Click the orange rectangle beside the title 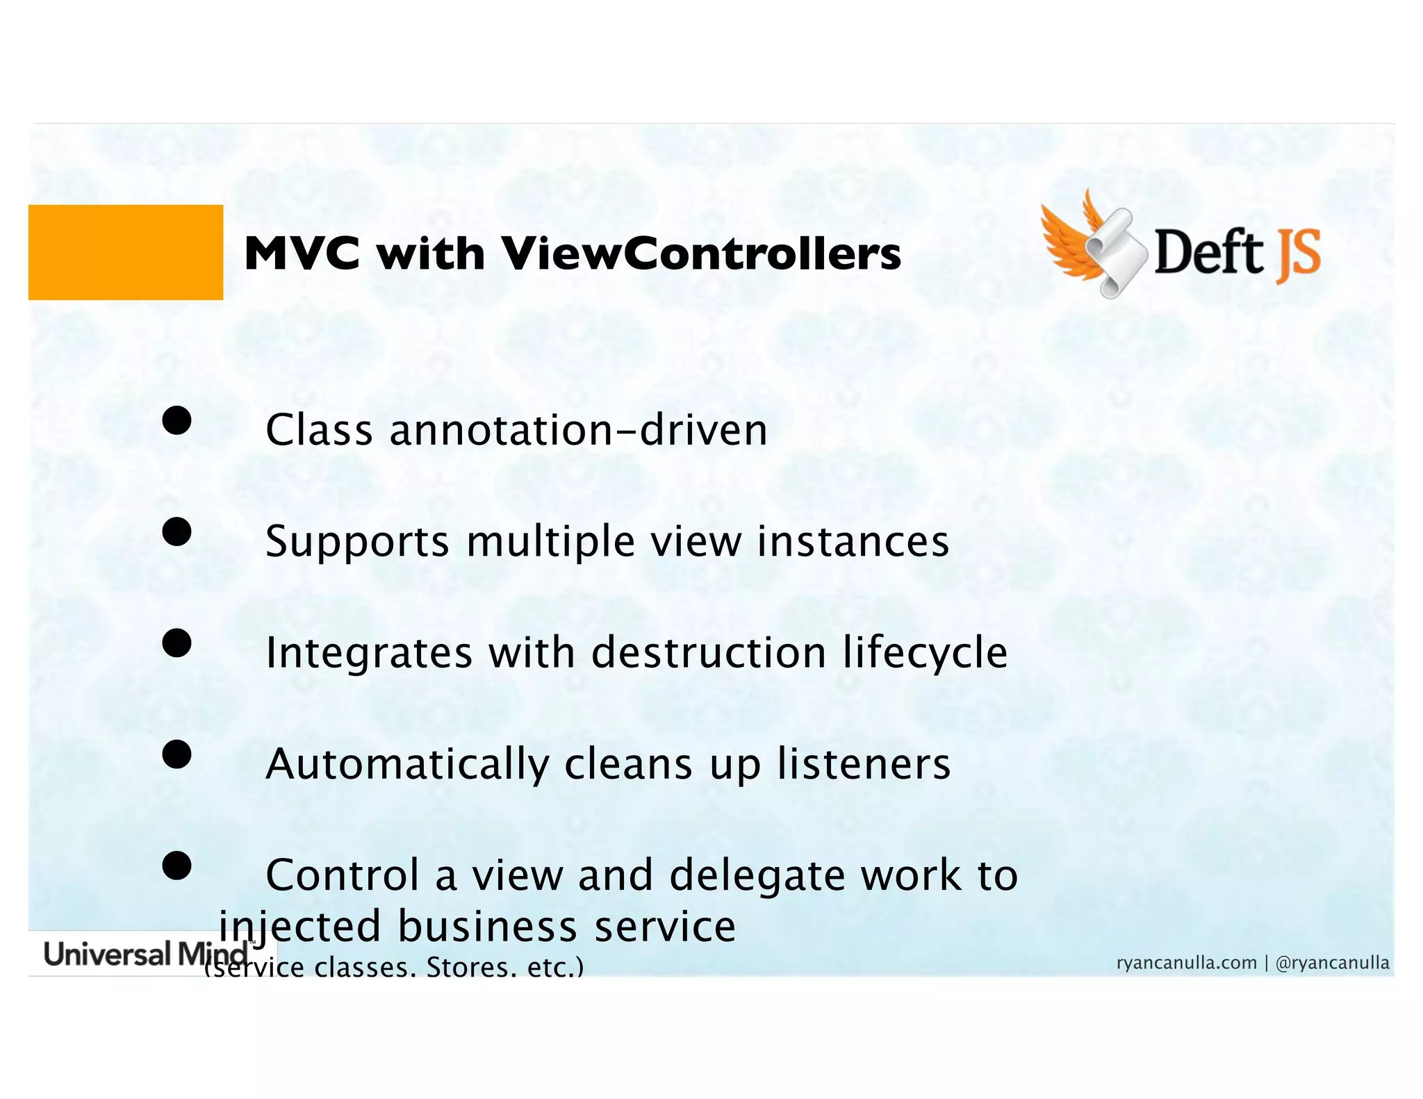pyautogui.click(x=126, y=252)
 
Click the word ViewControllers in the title pyautogui.click(x=701, y=254)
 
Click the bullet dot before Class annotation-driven pyautogui.click(x=176, y=421)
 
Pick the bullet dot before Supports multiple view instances pyautogui.click(x=176, y=532)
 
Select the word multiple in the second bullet pyautogui.click(x=550, y=541)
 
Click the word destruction pyautogui.click(x=709, y=652)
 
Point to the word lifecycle pyautogui.click(x=925, y=652)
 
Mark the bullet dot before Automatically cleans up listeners pyautogui.click(x=176, y=754)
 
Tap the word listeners pyautogui.click(x=864, y=763)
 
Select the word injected pyautogui.click(x=300, y=927)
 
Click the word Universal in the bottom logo pyautogui.click(x=107, y=954)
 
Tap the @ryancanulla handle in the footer pyautogui.click(x=1332, y=963)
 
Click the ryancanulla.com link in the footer pyautogui.click(x=1186, y=963)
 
